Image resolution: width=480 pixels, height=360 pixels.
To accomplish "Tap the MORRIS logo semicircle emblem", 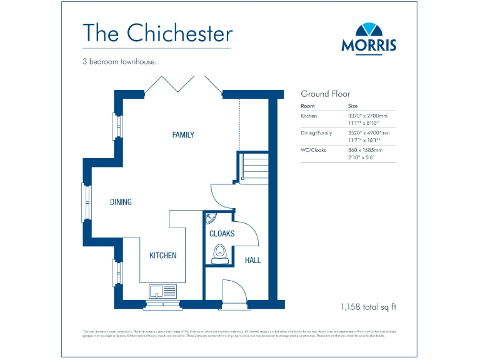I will coord(369,30).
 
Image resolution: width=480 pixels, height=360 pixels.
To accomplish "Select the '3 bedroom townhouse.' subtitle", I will coord(119,62).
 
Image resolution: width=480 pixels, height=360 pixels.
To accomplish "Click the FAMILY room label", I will coord(183,135).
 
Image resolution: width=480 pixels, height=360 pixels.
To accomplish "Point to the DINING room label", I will coord(121,202).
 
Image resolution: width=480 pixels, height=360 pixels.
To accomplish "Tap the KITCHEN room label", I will coord(162,256).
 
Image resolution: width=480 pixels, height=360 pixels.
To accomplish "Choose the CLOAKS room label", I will coord(222,234).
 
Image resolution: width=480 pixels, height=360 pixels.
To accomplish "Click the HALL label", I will coord(253,260).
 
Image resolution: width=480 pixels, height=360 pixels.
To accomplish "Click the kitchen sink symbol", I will coord(163,290).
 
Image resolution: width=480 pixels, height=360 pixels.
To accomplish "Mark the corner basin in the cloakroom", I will coord(211,217).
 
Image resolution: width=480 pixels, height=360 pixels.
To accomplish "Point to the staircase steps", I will coord(254,166).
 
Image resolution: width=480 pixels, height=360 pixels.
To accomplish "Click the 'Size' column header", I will coord(353,106).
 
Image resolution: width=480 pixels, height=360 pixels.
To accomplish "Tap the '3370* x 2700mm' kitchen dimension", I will coord(367,116).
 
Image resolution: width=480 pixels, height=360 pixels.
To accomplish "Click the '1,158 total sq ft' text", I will coord(369,307).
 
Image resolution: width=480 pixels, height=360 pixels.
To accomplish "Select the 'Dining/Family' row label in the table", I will coord(317,133).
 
